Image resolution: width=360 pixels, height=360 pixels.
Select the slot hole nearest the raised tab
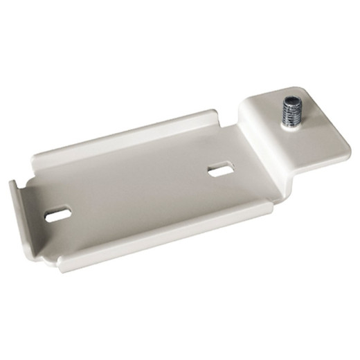point(219,169)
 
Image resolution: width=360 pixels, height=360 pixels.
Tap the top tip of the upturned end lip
point(12,183)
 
